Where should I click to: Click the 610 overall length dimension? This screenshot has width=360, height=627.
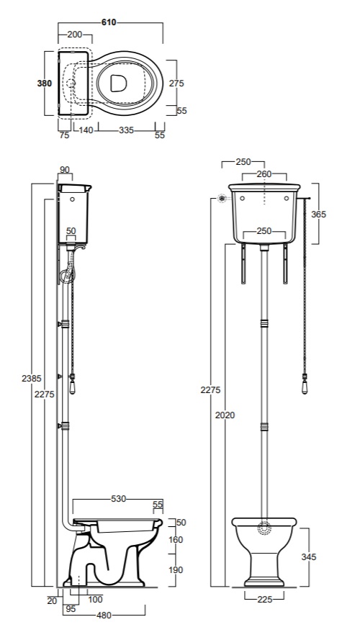[109, 22]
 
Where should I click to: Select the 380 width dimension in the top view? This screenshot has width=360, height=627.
[45, 84]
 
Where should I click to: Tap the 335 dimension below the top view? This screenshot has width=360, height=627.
[127, 130]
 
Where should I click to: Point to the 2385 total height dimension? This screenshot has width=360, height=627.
[32, 378]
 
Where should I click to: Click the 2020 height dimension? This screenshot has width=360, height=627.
[225, 415]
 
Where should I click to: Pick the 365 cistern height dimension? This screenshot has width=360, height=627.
[318, 214]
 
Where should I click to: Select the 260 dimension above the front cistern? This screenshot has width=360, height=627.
[264, 174]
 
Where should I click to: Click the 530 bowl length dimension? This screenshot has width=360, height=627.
[118, 499]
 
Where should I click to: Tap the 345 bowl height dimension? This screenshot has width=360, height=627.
[308, 556]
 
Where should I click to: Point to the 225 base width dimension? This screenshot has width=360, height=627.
[265, 599]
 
